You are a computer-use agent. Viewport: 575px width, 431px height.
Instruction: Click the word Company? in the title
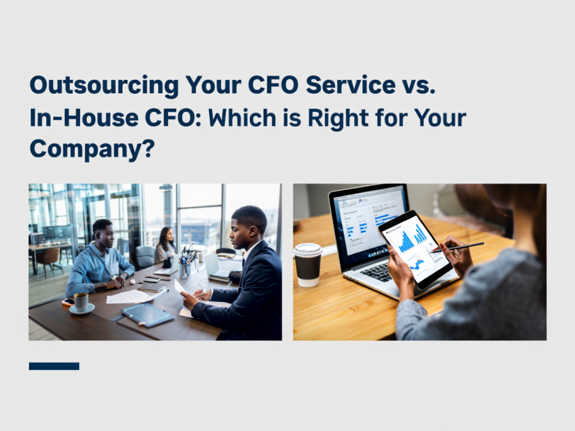92,148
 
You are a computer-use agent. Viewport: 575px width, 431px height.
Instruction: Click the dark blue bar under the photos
54,366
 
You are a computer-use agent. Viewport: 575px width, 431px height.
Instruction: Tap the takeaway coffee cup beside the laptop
307,263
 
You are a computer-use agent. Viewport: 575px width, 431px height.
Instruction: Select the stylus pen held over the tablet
459,246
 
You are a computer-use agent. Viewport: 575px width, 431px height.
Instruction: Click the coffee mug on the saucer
81,301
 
